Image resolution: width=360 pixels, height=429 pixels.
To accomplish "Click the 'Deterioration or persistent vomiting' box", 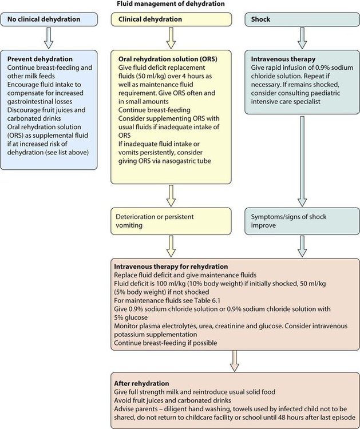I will [171, 221].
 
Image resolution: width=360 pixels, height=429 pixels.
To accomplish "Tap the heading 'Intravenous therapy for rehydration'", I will [171, 267].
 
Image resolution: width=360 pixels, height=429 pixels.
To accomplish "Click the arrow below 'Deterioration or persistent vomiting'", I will [171, 245].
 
